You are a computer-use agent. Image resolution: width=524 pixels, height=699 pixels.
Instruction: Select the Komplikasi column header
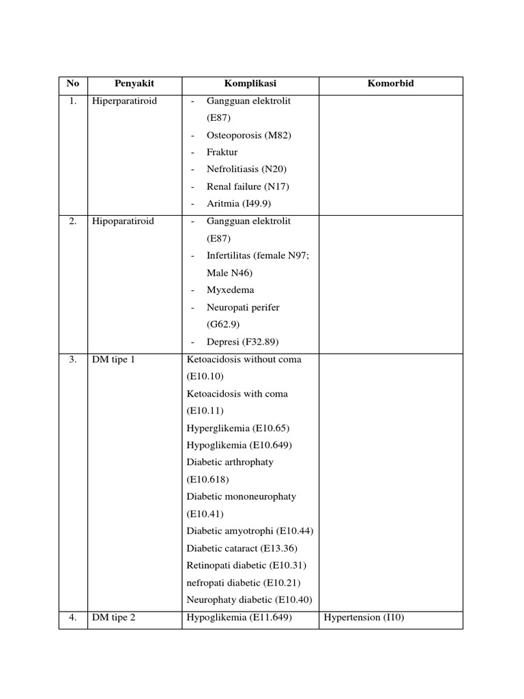250,84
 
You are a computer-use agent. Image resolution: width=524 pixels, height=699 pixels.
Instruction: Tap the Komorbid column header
391,84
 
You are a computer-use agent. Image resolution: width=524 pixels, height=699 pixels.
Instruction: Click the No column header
73,84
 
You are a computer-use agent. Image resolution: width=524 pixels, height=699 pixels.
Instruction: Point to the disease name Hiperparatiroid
124,101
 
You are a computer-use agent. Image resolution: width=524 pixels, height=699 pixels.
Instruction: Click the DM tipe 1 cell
113,359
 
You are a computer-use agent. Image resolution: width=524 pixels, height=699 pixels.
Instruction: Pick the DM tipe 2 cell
114,617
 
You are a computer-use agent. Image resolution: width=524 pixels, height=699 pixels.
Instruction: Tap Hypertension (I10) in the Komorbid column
364,617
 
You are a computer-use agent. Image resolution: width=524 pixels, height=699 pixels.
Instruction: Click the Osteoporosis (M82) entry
248,135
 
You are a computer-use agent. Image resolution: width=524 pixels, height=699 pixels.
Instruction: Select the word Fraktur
222,152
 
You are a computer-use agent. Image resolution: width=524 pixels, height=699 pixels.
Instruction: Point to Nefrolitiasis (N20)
246,169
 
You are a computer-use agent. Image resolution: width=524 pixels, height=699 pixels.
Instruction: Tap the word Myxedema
230,290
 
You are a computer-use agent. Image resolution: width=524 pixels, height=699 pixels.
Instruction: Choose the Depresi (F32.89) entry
242,341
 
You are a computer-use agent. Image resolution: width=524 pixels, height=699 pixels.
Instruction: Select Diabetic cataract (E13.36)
242,548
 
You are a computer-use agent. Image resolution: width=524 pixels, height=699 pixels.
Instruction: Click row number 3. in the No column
73,359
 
